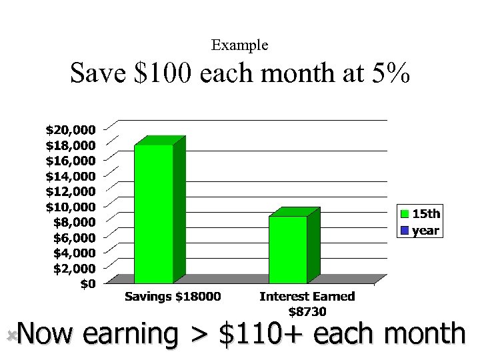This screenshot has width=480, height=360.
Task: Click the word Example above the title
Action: [x=239, y=45]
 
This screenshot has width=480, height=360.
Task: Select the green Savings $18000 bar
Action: [x=153, y=213]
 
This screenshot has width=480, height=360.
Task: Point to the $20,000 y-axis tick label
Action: [x=70, y=129]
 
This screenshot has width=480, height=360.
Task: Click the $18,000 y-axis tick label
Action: [x=70, y=145]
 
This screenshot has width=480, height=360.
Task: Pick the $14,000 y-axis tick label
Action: [x=70, y=176]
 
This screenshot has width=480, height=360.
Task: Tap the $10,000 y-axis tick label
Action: [x=70, y=207]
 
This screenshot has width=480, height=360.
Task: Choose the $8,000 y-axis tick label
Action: [x=73, y=222]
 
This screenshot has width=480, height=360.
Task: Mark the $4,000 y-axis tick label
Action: [x=73, y=253]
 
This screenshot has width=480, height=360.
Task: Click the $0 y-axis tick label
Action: [x=87, y=284]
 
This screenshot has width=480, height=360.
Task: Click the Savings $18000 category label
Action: [x=173, y=297]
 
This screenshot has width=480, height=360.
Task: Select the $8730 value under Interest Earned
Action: [x=307, y=311]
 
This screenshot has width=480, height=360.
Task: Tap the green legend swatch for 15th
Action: [x=405, y=214]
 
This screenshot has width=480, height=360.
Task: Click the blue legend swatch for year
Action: [x=405, y=231]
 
